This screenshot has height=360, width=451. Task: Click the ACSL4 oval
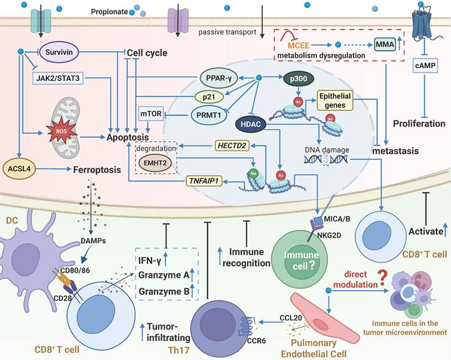click(x=20, y=172)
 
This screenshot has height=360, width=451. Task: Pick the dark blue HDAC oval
click(x=253, y=124)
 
